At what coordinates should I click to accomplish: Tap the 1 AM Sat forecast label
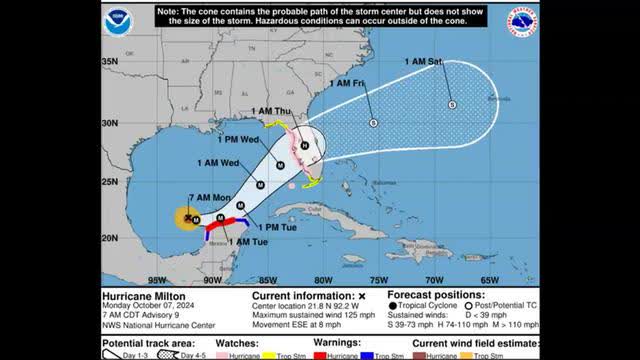click(x=423, y=63)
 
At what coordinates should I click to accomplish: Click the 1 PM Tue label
click(x=262, y=228)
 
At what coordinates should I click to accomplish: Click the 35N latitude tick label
click(x=111, y=62)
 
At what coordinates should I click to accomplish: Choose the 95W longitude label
click(x=155, y=279)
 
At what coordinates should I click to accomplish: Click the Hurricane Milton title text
click(x=146, y=296)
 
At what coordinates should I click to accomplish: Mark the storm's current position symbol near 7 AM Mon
click(x=187, y=216)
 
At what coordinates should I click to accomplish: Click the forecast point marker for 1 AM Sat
click(x=452, y=104)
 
